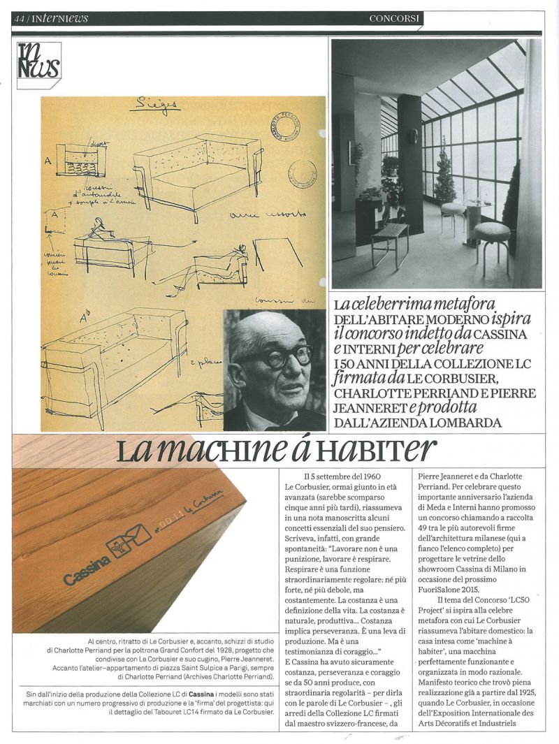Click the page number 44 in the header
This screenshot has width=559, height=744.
click(x=18, y=19)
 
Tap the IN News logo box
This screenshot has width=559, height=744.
click(x=38, y=65)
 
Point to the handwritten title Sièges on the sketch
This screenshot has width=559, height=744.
click(x=154, y=106)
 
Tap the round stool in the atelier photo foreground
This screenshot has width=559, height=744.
click(x=492, y=232)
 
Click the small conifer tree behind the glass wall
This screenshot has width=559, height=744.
click(x=444, y=175)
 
